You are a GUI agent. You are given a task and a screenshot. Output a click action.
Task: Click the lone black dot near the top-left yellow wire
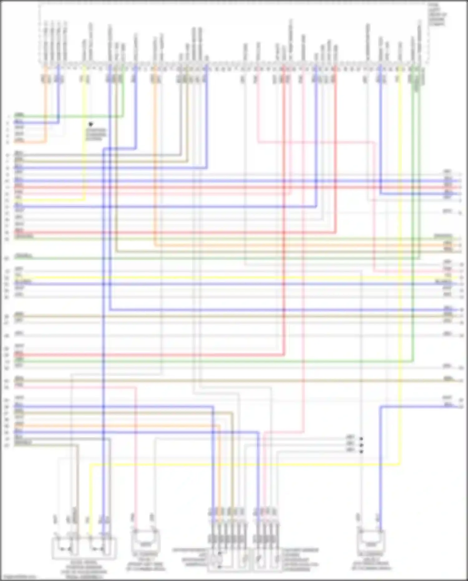(91, 124)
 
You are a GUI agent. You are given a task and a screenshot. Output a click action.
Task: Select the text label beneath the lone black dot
(96, 135)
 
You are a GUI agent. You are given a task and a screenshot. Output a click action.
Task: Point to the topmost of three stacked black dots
(361, 439)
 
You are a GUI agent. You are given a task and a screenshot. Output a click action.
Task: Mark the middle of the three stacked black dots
(361, 445)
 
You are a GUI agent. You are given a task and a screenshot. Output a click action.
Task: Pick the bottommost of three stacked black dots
(361, 451)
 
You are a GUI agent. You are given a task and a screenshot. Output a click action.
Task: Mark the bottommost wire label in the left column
(23, 443)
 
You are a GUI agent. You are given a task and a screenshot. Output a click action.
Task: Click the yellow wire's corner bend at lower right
(400, 465)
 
